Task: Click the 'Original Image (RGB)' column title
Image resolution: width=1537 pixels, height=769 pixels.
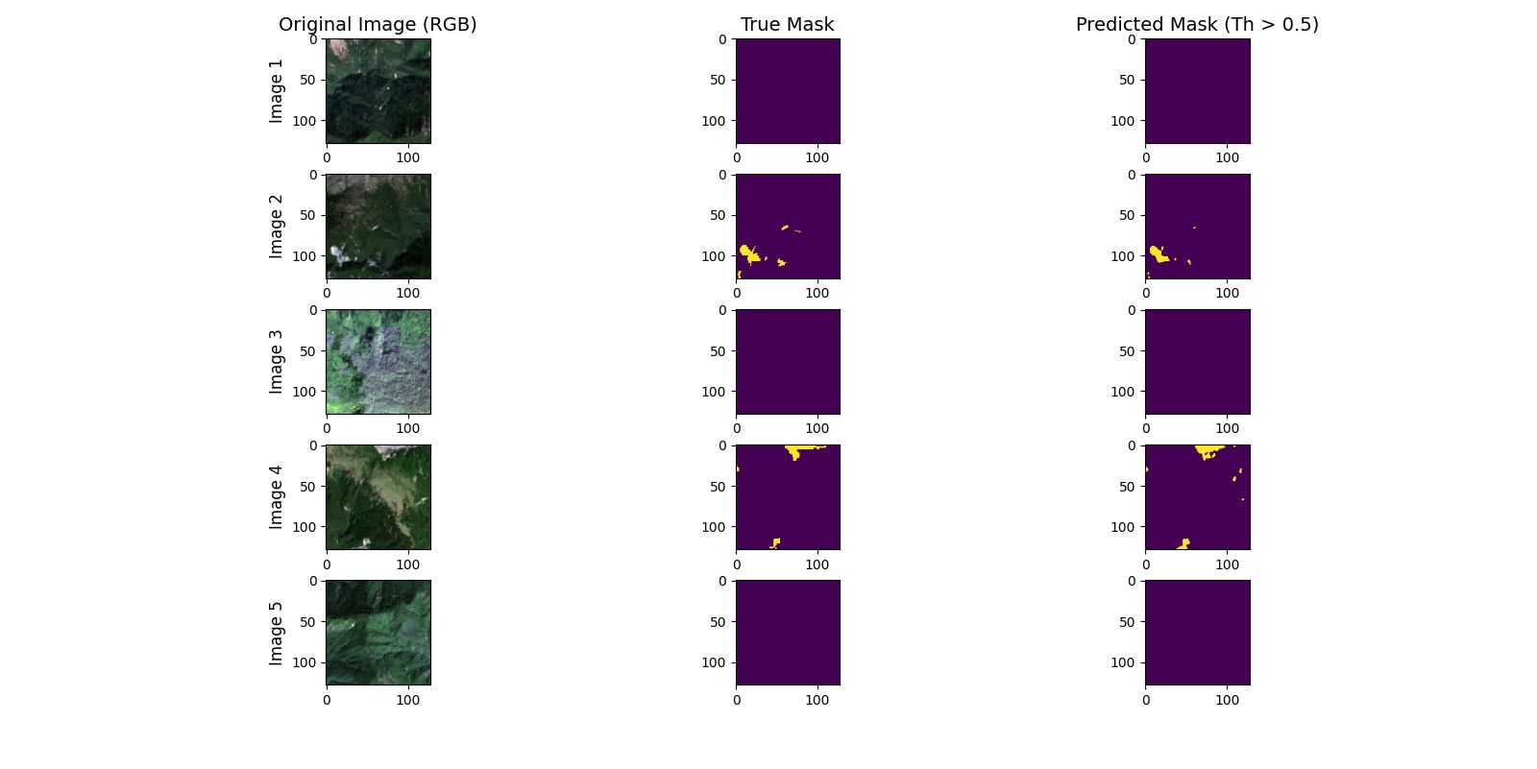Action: pyautogui.click(x=378, y=25)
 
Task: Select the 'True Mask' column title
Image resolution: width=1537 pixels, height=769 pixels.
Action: pyautogui.click(x=787, y=25)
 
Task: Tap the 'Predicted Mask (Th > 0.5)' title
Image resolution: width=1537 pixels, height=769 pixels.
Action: pyautogui.click(x=1196, y=25)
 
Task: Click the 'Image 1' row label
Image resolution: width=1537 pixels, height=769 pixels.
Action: pyautogui.click(x=277, y=91)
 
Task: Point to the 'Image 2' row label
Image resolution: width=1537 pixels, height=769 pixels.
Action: pyautogui.click(x=277, y=227)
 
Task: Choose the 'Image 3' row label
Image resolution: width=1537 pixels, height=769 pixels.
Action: pyautogui.click(x=277, y=362)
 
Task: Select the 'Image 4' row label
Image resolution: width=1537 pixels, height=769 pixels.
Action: pyautogui.click(x=277, y=497)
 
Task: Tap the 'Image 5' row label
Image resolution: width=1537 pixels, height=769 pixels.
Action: pyautogui.click(x=277, y=633)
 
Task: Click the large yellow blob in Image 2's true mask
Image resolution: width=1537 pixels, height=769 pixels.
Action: pyautogui.click(x=748, y=252)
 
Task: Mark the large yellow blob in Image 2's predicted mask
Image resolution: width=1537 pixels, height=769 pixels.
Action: pyautogui.click(x=1158, y=253)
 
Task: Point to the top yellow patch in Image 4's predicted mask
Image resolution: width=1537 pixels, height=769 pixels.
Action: pyautogui.click(x=1207, y=450)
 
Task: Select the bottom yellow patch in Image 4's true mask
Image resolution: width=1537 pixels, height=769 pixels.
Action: pyautogui.click(x=775, y=543)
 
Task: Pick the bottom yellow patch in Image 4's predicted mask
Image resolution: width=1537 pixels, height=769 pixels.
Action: pyautogui.click(x=1183, y=544)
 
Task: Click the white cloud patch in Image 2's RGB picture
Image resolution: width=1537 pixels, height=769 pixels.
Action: pyautogui.click(x=338, y=254)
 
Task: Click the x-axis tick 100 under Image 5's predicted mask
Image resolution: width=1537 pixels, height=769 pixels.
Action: pyautogui.click(x=1227, y=700)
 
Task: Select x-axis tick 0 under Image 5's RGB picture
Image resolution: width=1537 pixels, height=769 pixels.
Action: pyautogui.click(x=327, y=700)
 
